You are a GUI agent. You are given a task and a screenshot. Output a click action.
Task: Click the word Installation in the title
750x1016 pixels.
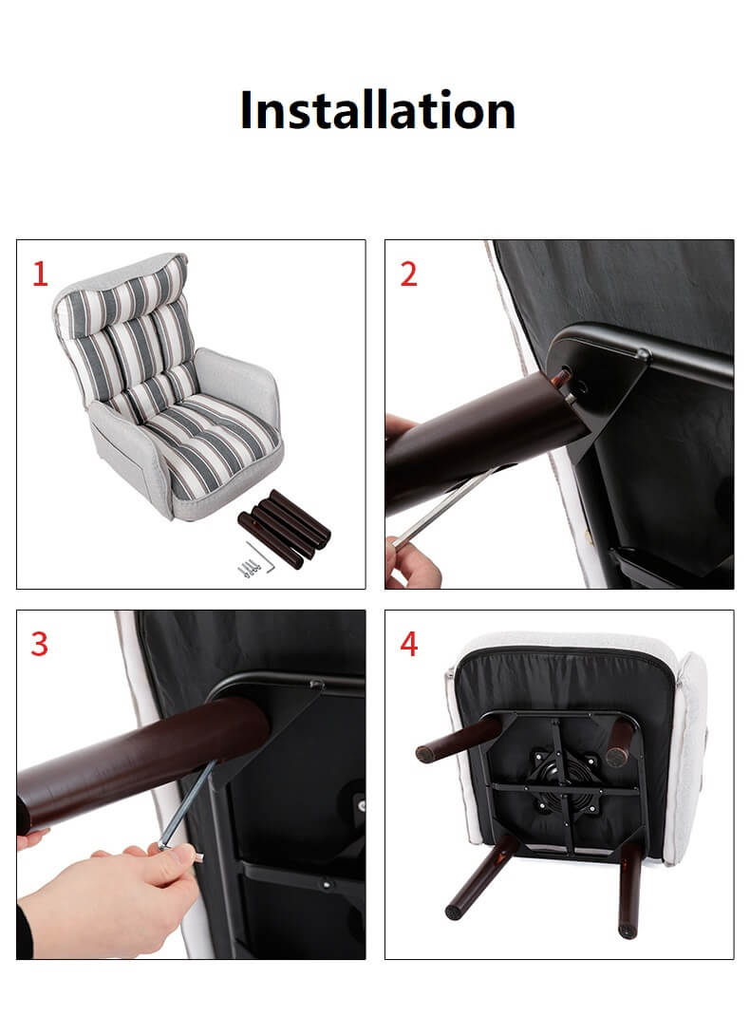[378, 110]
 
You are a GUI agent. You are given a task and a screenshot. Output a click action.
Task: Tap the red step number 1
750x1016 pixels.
[40, 274]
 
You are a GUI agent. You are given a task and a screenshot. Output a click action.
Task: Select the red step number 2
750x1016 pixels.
[408, 274]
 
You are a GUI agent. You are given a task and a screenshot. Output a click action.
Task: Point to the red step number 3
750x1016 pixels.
[40, 644]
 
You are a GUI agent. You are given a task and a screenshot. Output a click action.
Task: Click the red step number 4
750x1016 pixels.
[408, 644]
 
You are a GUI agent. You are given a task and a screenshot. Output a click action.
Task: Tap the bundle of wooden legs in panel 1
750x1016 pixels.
[284, 527]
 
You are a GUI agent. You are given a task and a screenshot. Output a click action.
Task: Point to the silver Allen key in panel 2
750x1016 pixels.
[448, 505]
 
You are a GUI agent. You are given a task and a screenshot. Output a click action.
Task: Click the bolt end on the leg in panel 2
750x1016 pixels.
[561, 376]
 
